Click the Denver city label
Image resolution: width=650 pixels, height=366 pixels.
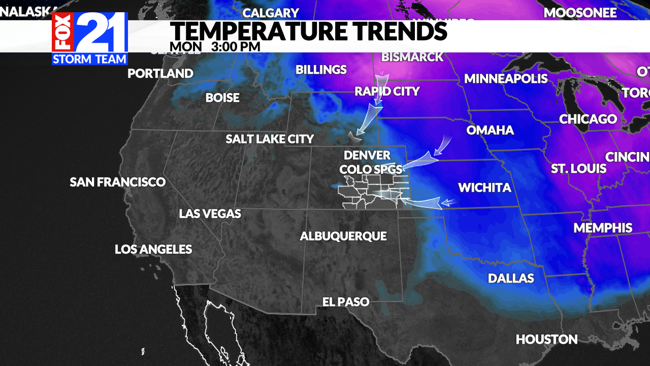point(367,155)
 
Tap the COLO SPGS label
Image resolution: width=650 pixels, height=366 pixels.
point(371,169)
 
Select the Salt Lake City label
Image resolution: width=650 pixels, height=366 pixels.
point(270,139)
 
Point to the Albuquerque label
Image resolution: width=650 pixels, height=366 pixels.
point(343,236)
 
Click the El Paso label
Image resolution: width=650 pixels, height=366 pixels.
point(346,302)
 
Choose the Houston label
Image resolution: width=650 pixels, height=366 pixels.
point(546,339)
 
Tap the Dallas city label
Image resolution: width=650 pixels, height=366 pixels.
point(511,279)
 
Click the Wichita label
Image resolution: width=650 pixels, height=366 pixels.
point(484,188)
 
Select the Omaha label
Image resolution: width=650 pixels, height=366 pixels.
point(490,131)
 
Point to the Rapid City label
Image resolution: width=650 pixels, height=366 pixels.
point(387,91)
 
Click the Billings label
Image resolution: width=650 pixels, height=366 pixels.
point(321,70)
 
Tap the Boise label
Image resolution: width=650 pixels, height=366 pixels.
point(222,98)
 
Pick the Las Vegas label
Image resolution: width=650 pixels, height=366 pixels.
point(210,214)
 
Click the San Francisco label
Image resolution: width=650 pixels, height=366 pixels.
point(118,182)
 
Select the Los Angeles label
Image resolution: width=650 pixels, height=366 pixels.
point(153,250)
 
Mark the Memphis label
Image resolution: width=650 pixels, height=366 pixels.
point(603,228)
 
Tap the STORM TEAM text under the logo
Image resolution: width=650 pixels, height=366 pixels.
point(89,59)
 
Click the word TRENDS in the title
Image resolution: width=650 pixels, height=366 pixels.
point(398,32)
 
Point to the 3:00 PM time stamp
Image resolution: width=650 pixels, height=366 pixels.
point(236,47)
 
